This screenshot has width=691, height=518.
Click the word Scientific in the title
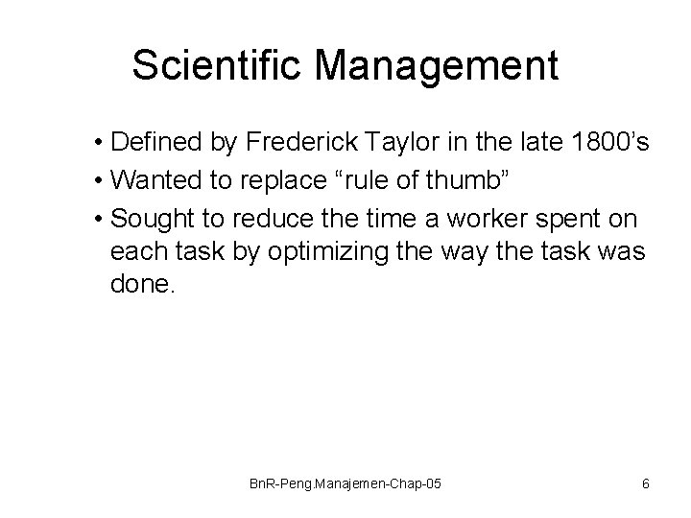[217, 66]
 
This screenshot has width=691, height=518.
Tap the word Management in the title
[436, 66]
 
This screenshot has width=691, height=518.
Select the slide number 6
[645, 483]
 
